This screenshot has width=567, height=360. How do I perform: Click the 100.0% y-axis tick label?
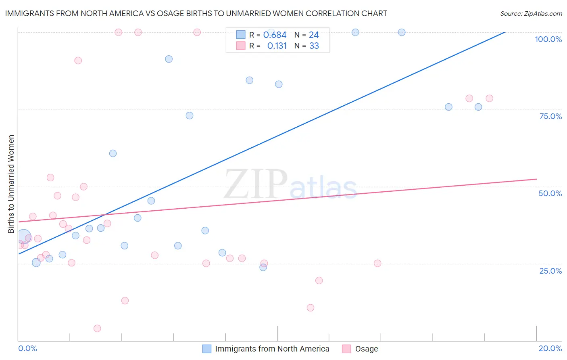pyautogui.click(x=548, y=39)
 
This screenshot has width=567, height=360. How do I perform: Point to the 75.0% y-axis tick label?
pyautogui.click(x=550, y=116)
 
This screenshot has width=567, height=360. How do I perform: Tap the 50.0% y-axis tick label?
pyautogui.click(x=550, y=193)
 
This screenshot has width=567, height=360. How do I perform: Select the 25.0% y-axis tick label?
pyautogui.click(x=550, y=270)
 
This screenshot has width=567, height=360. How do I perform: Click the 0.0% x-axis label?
pyautogui.click(x=27, y=348)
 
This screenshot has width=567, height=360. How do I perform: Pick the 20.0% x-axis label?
pyautogui.click(x=550, y=348)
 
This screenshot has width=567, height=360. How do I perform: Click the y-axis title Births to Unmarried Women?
pyautogui.click(x=11, y=184)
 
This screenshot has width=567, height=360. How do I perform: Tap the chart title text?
pyautogui.click(x=196, y=13)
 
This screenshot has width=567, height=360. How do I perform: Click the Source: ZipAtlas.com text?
pyautogui.click(x=531, y=13)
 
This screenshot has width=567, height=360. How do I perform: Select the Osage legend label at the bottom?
pyautogui.click(x=366, y=349)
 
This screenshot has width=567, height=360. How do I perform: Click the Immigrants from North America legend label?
pyautogui.click(x=272, y=349)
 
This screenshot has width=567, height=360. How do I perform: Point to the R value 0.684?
pyautogui.click(x=275, y=35)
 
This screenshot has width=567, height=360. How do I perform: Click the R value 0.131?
pyautogui.click(x=277, y=46)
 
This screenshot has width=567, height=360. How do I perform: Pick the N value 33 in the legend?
pyautogui.click(x=314, y=46)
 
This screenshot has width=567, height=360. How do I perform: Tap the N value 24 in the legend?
pyautogui.click(x=314, y=35)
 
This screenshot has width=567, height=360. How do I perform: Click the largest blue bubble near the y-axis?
pyautogui.click(x=24, y=237)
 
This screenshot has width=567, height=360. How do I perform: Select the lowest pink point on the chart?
pyautogui.click(x=97, y=329)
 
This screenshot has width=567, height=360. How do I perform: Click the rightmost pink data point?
pyautogui.click(x=489, y=98)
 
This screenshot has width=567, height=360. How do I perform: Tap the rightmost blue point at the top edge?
pyautogui.click(x=402, y=32)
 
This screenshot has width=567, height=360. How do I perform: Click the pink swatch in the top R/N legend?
pyautogui.click(x=241, y=46)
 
